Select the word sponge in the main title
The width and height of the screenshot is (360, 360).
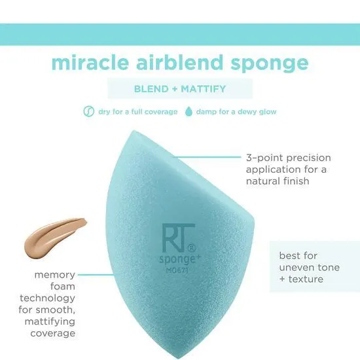click(x=273, y=64)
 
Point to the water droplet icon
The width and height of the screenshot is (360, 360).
click(x=190, y=111)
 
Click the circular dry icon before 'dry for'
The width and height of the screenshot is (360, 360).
click(x=89, y=111)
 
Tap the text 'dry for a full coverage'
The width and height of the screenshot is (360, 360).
click(x=137, y=111)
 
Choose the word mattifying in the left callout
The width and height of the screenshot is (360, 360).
click(x=52, y=321)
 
